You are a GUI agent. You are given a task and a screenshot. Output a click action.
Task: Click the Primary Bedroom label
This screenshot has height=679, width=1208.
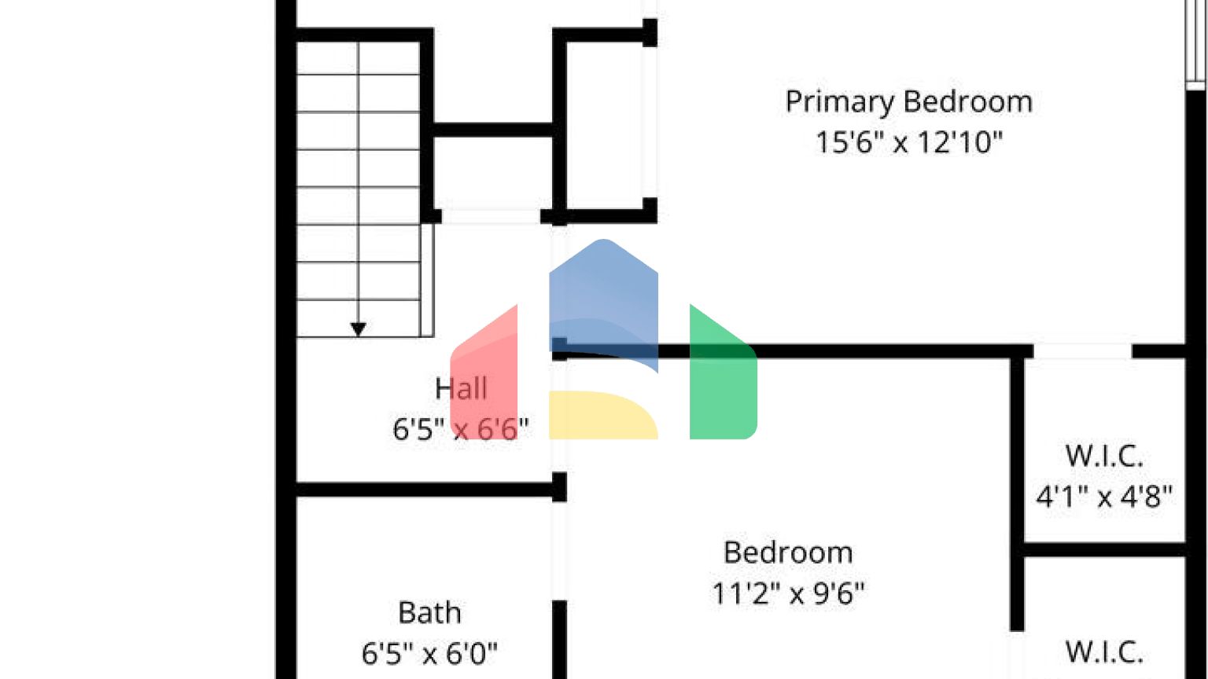click(908, 102)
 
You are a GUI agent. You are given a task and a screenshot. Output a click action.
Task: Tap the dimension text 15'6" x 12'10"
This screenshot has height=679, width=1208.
click(908, 143)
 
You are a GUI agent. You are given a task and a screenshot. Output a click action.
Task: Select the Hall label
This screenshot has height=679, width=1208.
click(461, 388)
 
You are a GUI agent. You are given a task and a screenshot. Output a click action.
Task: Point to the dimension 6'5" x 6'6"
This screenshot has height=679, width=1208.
click(461, 429)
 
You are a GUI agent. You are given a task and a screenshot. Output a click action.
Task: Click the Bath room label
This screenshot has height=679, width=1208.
click(429, 613)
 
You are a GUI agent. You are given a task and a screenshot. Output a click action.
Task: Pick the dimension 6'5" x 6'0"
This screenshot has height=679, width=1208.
click(429, 653)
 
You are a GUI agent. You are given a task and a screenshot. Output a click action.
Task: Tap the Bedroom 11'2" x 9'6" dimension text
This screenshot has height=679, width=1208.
click(788, 593)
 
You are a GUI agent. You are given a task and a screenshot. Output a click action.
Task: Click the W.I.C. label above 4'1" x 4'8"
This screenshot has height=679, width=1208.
click(1104, 456)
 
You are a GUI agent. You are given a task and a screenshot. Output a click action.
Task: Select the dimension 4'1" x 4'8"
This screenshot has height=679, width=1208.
click(1104, 497)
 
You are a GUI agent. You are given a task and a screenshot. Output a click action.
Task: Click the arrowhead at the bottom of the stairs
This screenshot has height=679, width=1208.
click(358, 329)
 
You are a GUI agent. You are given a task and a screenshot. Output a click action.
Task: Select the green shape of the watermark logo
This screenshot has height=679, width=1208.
click(722, 377)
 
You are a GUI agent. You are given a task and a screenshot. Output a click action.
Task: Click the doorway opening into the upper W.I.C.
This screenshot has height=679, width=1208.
click(1083, 351)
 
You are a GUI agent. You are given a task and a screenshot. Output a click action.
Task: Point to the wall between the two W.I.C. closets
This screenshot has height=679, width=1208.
click(1104, 549)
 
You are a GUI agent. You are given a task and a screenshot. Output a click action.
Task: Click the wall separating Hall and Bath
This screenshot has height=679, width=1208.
click(425, 490)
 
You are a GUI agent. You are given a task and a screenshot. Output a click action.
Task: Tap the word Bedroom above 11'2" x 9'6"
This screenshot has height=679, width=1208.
click(788, 552)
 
